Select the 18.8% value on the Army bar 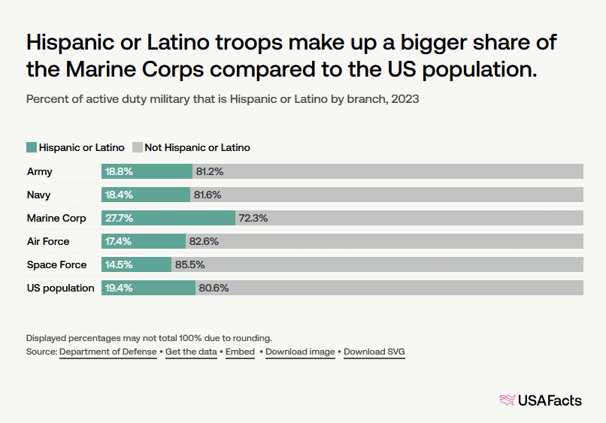[x=119, y=171]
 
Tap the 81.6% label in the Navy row [x=208, y=195]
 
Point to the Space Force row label [x=56, y=264]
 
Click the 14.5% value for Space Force [x=119, y=264]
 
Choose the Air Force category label [x=48, y=241]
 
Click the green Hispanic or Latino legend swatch [x=32, y=147]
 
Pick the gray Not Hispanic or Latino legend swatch [x=137, y=147]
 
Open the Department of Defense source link [x=108, y=352]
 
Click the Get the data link [x=192, y=352]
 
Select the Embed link [x=240, y=352]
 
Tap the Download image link [x=300, y=352]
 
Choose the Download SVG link [x=374, y=352]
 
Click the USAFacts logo [x=541, y=400]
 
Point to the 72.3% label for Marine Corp [x=253, y=218]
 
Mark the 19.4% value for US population [x=119, y=288]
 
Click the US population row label [x=60, y=288]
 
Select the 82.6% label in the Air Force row [x=203, y=241]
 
